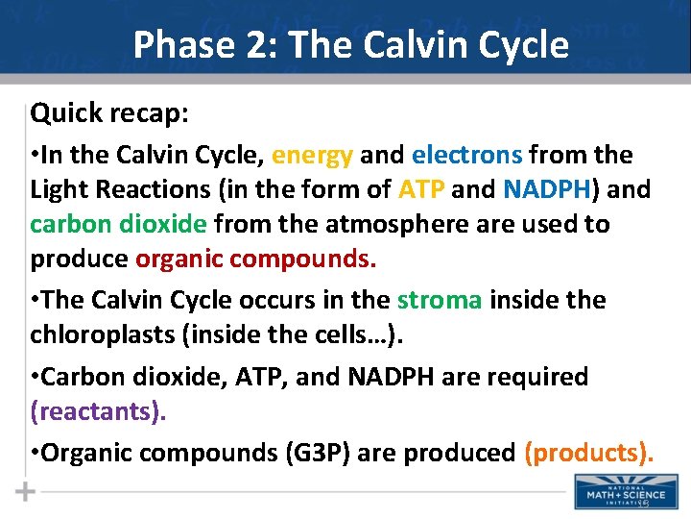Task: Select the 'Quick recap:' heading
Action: coord(109,113)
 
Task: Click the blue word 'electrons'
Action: coord(467,155)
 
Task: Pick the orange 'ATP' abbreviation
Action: coord(419,189)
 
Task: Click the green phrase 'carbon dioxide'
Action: coord(118,224)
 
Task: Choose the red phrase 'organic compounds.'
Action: coord(256,259)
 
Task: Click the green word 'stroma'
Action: coord(440,300)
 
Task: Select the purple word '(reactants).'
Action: coord(98,411)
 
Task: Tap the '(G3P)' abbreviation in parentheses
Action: coord(317,452)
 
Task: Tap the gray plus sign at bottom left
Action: coord(26,491)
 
